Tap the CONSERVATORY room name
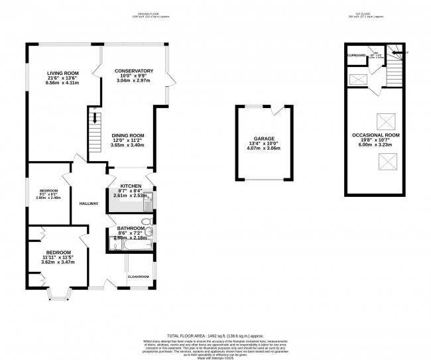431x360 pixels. [x=134, y=71]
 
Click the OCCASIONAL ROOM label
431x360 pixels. [x=376, y=135]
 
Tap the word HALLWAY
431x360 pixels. [x=88, y=204]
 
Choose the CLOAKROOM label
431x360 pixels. [x=139, y=276]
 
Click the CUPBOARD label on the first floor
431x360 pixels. [x=356, y=56]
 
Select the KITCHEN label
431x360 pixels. [x=130, y=186]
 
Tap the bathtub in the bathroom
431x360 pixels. [x=126, y=247]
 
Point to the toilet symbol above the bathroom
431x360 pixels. [x=147, y=221]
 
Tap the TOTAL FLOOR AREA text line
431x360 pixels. [x=215, y=335]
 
